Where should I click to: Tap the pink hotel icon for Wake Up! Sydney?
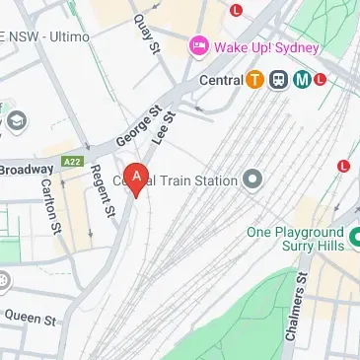click(x=198, y=45)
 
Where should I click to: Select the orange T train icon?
click(x=254, y=80)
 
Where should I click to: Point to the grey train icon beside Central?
click(x=278, y=80)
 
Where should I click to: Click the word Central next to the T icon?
click(x=220, y=80)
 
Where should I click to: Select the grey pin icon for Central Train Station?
click(x=252, y=180)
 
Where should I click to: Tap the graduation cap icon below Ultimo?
click(x=16, y=121)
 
